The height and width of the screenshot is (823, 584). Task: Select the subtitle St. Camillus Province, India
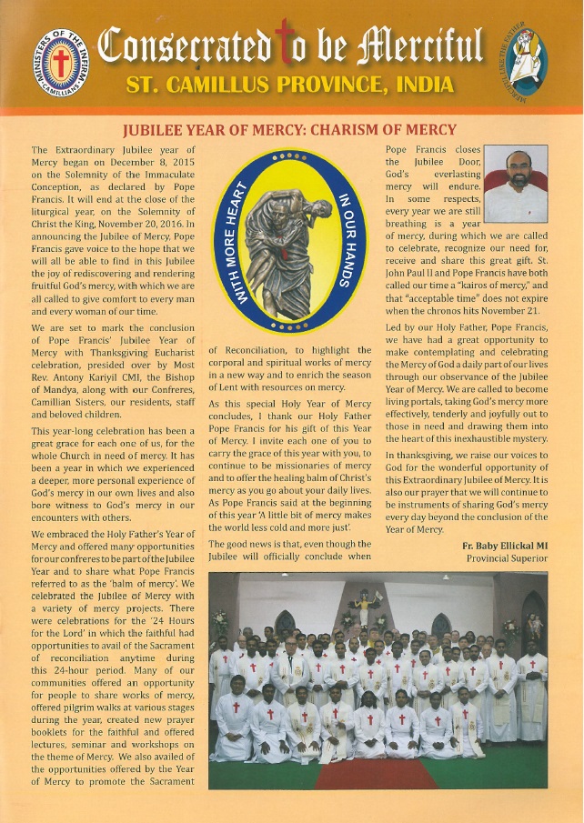pyautogui.click(x=290, y=85)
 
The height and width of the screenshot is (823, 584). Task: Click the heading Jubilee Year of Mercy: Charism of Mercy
pyautogui.click(x=290, y=129)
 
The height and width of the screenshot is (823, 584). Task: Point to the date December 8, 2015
pyautogui.click(x=147, y=165)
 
